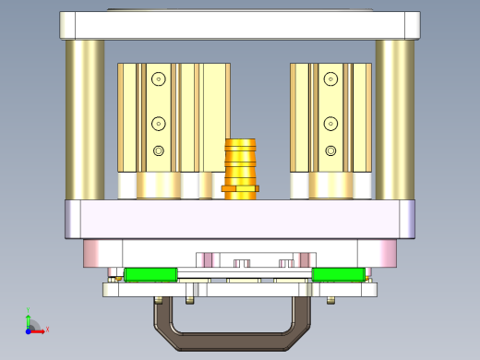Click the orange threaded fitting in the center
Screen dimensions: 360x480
241,161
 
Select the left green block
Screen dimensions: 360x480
151,274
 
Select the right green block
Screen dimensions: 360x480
337,274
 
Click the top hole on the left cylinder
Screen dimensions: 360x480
159,79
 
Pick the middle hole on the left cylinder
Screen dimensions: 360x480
159,123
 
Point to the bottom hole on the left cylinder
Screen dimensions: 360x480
159,150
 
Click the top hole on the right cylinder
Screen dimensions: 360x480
330,79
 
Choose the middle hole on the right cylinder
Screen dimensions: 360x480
330,123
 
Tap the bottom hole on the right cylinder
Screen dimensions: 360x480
330,150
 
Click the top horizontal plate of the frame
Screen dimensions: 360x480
240,25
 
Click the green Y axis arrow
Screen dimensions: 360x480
29,315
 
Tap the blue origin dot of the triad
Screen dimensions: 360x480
29,329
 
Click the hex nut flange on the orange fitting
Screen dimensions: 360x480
240,188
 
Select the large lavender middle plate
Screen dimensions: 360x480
240,220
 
